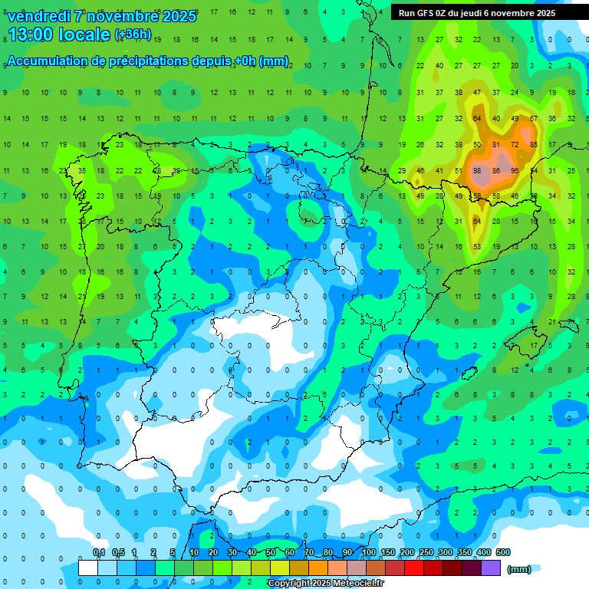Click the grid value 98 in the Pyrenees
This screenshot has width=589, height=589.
(477, 170)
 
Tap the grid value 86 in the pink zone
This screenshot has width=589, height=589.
(496, 170)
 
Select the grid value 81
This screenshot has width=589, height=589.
(496, 144)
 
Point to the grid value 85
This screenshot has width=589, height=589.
(534, 144)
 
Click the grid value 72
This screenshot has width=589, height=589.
(515, 144)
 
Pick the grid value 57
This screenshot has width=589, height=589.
(534, 118)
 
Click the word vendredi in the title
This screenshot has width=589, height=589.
(40, 16)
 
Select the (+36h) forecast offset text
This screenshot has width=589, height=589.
(133, 35)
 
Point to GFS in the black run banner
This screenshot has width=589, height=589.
(424, 13)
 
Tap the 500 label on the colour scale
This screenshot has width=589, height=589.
(503, 552)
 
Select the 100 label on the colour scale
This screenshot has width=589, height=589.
(369, 552)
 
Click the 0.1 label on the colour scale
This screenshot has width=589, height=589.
(99, 552)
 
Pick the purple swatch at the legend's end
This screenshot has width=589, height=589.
(492, 568)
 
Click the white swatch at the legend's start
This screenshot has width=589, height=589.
(88, 568)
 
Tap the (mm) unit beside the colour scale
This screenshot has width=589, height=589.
(519, 569)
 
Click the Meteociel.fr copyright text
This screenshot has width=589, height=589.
(325, 584)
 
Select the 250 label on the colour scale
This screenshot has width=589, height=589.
(426, 552)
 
